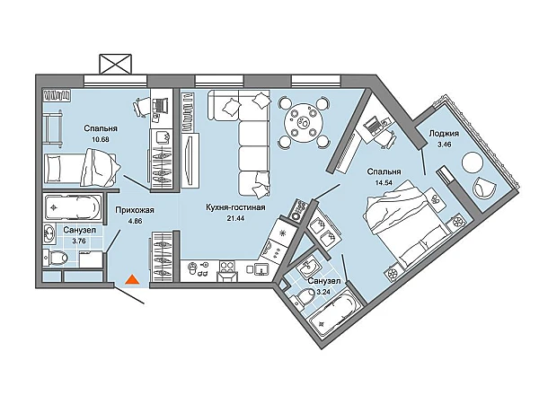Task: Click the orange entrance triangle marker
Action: [x=132, y=279]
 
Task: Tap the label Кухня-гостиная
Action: [x=235, y=207]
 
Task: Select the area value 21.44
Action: [x=235, y=218]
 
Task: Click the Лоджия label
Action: [x=444, y=134]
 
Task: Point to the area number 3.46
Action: [x=444, y=145]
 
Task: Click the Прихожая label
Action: [x=135, y=210]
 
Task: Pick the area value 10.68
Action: [x=101, y=139]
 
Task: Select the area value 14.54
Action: [x=384, y=182]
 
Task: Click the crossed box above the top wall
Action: [x=116, y=64]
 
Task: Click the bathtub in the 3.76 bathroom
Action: [x=74, y=207]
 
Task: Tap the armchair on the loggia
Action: [x=485, y=189]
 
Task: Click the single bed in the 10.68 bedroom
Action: [x=81, y=169]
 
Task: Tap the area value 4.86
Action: [x=135, y=221]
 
